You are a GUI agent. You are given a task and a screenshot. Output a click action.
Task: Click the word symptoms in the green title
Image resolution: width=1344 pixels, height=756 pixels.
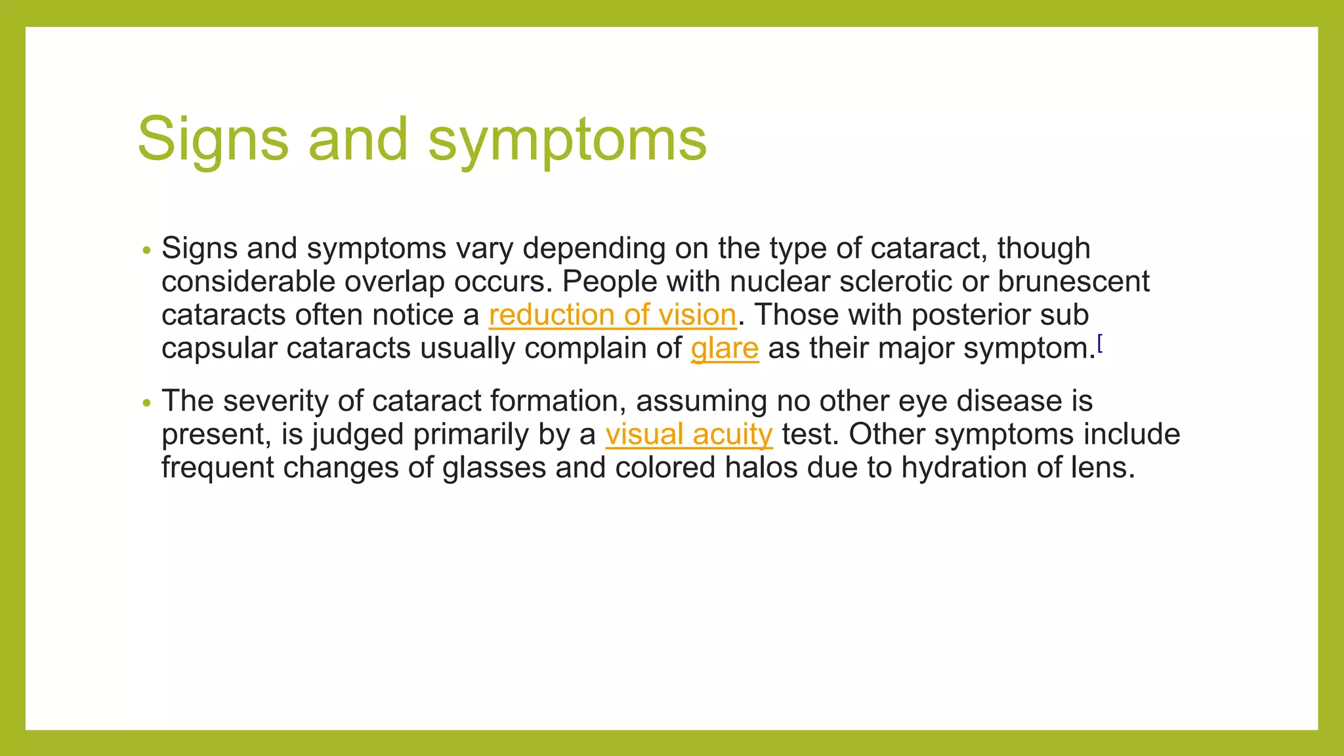(x=568, y=140)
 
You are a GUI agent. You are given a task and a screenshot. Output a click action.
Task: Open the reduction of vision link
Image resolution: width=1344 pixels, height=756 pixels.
(x=612, y=315)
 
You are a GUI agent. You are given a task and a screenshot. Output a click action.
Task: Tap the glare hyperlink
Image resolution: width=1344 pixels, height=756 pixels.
(x=724, y=348)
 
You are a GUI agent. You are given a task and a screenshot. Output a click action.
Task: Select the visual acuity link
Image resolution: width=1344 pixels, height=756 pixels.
(x=689, y=434)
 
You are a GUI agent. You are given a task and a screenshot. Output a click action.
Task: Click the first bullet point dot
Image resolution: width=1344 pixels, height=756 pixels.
(x=147, y=251)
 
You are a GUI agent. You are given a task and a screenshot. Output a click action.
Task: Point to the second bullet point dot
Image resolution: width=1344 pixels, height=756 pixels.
(x=147, y=403)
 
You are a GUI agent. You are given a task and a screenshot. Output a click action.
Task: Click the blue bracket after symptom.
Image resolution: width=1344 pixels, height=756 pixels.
(x=1100, y=343)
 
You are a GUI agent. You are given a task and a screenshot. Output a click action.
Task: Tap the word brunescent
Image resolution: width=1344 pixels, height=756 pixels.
(x=1074, y=282)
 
